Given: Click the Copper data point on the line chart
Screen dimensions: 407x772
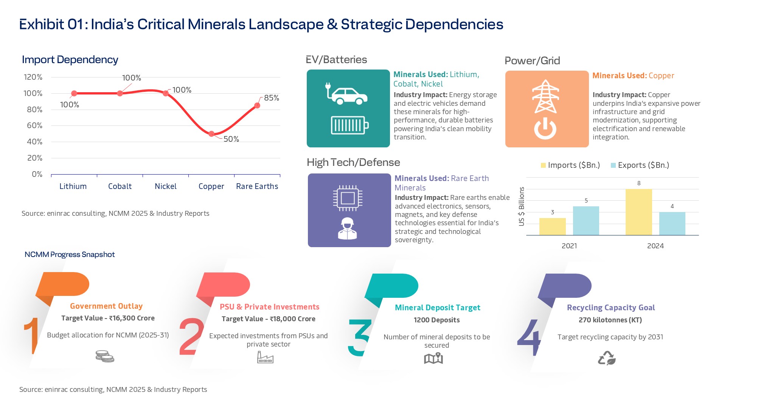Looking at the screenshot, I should tap(211, 134).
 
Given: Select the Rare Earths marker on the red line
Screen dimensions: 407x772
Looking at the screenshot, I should tap(257, 105).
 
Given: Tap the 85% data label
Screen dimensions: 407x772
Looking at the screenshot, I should tap(271, 98).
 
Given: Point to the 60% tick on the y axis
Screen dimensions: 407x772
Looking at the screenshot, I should tap(34, 125).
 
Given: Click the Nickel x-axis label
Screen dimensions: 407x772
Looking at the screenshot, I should tap(166, 186).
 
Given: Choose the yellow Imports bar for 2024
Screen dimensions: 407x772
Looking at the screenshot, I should tap(638, 212).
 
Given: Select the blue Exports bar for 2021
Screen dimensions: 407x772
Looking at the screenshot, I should tap(586, 221).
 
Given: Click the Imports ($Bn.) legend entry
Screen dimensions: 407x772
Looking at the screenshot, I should tap(570, 165).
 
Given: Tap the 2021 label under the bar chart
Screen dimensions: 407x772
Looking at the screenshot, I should tap(569, 246).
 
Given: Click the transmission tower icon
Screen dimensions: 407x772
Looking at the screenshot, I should tap(545, 96).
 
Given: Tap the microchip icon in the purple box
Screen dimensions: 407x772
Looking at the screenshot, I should tap(348, 198).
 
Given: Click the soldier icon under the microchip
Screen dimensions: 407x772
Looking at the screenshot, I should tap(347, 229).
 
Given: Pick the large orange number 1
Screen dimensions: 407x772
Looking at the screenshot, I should tap(33, 336).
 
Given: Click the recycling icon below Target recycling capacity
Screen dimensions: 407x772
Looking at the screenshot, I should tap(607, 358).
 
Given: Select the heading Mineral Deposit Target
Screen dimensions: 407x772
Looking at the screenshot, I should tap(437, 308).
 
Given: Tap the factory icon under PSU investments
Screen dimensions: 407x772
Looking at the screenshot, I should tap(265, 357).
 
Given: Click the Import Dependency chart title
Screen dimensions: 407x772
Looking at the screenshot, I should tap(70, 60).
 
